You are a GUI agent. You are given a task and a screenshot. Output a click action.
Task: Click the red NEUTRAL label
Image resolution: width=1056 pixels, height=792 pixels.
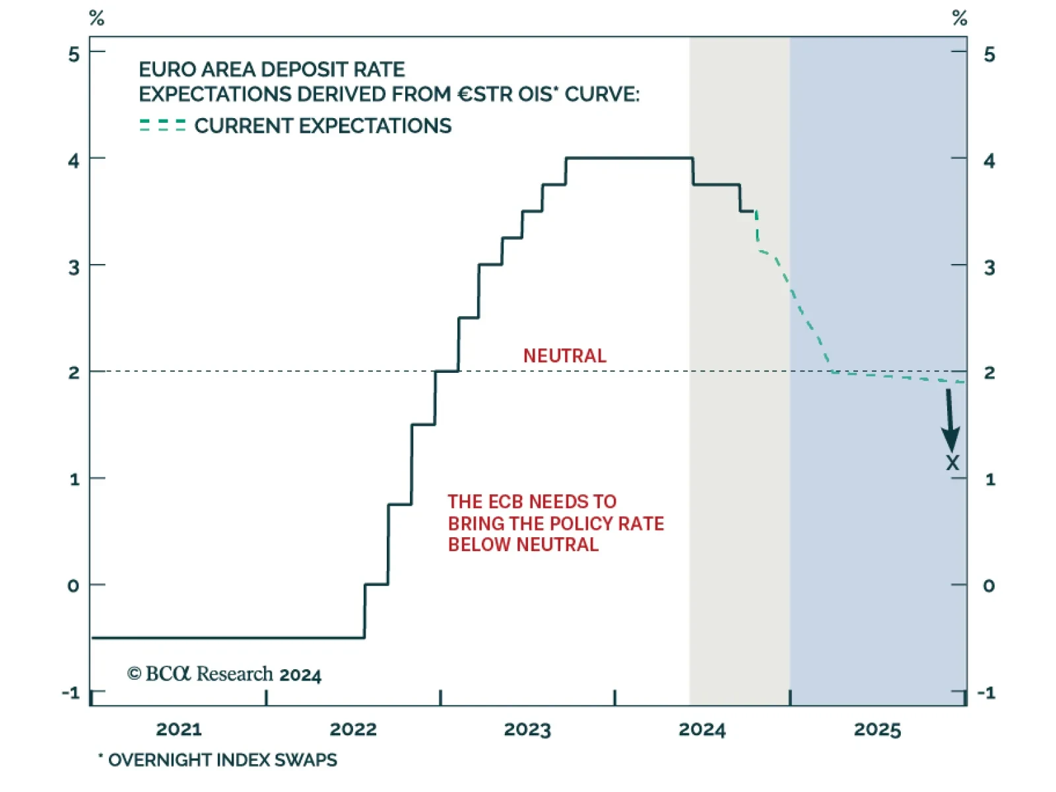[564, 356]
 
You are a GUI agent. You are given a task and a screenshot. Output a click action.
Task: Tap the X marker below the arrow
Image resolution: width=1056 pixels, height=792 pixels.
[952, 463]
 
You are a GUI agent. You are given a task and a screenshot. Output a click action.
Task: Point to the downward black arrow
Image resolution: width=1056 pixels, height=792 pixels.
[950, 420]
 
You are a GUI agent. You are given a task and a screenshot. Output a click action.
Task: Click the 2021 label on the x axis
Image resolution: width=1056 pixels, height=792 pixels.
[179, 729]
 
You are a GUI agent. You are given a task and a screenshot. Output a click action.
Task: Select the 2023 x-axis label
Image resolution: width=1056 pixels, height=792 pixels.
[527, 729]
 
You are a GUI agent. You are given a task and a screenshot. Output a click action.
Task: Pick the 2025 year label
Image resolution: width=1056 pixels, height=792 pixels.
[877, 729]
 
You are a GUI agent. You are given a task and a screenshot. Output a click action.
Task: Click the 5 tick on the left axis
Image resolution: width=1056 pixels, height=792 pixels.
[74, 54]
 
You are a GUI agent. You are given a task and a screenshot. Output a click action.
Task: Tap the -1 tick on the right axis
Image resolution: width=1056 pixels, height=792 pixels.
[986, 692]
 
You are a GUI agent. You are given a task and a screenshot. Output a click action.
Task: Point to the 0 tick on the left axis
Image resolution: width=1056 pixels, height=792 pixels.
[73, 585]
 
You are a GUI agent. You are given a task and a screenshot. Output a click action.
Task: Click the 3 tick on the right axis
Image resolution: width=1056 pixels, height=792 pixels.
[989, 267]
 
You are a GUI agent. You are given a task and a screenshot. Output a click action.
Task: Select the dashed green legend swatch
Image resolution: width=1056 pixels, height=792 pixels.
[162, 125]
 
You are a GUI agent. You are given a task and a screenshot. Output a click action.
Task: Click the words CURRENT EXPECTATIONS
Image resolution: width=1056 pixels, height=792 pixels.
[323, 125]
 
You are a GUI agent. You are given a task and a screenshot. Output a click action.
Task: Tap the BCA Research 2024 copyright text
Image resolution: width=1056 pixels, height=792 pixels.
[224, 674]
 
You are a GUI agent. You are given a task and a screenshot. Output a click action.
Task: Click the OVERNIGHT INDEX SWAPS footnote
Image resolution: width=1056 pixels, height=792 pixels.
[222, 760]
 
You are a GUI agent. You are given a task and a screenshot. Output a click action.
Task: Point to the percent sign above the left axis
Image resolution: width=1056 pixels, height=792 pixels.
[97, 18]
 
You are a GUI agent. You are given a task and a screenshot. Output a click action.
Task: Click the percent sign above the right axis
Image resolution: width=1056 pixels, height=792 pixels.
[960, 18]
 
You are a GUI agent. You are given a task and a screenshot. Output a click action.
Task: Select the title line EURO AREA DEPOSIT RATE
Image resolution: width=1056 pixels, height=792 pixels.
[271, 69]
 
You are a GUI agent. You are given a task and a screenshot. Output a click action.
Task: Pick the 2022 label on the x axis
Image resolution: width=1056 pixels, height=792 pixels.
[353, 729]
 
